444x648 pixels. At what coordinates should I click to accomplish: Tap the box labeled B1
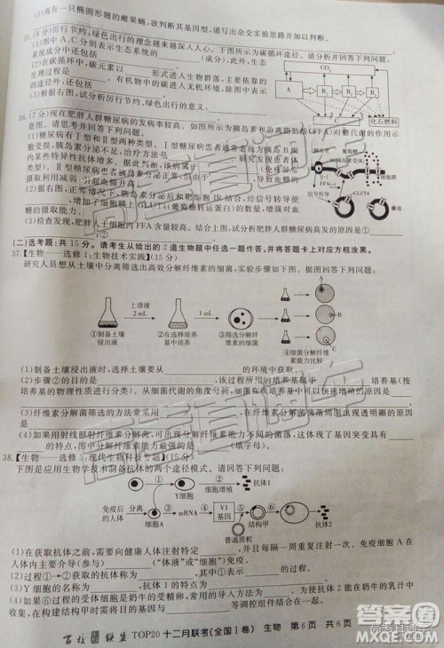point(326,91)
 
